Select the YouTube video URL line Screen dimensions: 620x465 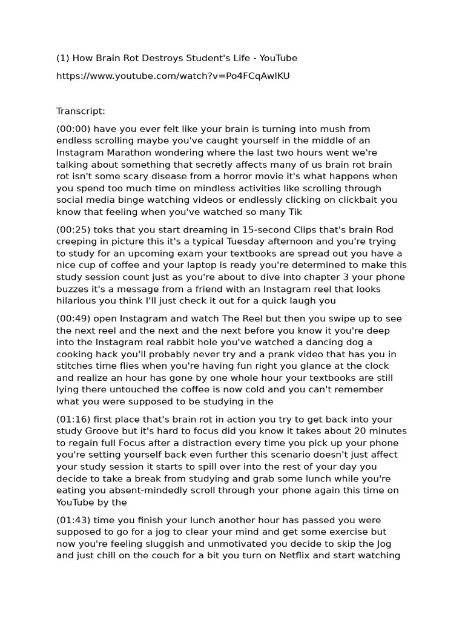(173, 76)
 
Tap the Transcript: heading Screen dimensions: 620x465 (81, 111)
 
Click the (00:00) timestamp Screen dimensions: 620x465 (73, 129)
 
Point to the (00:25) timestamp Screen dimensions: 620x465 (73, 229)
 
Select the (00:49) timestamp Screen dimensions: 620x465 (73, 318)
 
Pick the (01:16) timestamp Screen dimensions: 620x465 (73, 420)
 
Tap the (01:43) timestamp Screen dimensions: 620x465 (73, 520)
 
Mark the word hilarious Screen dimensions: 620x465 (77, 301)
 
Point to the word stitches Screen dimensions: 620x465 (76, 366)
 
